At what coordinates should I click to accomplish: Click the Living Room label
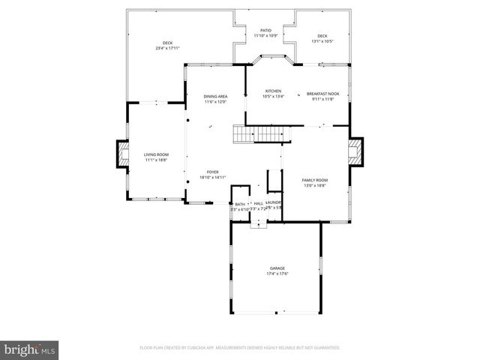click(156, 154)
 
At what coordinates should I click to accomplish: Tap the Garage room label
click(277, 268)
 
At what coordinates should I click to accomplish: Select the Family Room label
click(315, 180)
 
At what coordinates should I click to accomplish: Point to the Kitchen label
click(273, 91)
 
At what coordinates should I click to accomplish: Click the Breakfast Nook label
click(323, 94)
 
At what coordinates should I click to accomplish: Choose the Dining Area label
click(215, 97)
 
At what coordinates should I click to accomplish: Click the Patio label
click(265, 31)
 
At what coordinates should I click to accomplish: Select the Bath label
click(240, 204)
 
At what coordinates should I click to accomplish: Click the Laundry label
click(274, 202)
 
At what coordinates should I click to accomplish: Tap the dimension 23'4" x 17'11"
click(168, 48)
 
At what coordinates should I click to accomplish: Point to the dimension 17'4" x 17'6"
click(277, 273)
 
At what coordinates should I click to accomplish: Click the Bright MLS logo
click(29, 349)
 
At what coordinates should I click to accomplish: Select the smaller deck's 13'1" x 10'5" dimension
click(322, 41)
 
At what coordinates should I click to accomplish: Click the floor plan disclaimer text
click(239, 348)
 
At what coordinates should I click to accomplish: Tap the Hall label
click(258, 203)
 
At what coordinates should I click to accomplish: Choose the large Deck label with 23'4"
click(168, 43)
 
